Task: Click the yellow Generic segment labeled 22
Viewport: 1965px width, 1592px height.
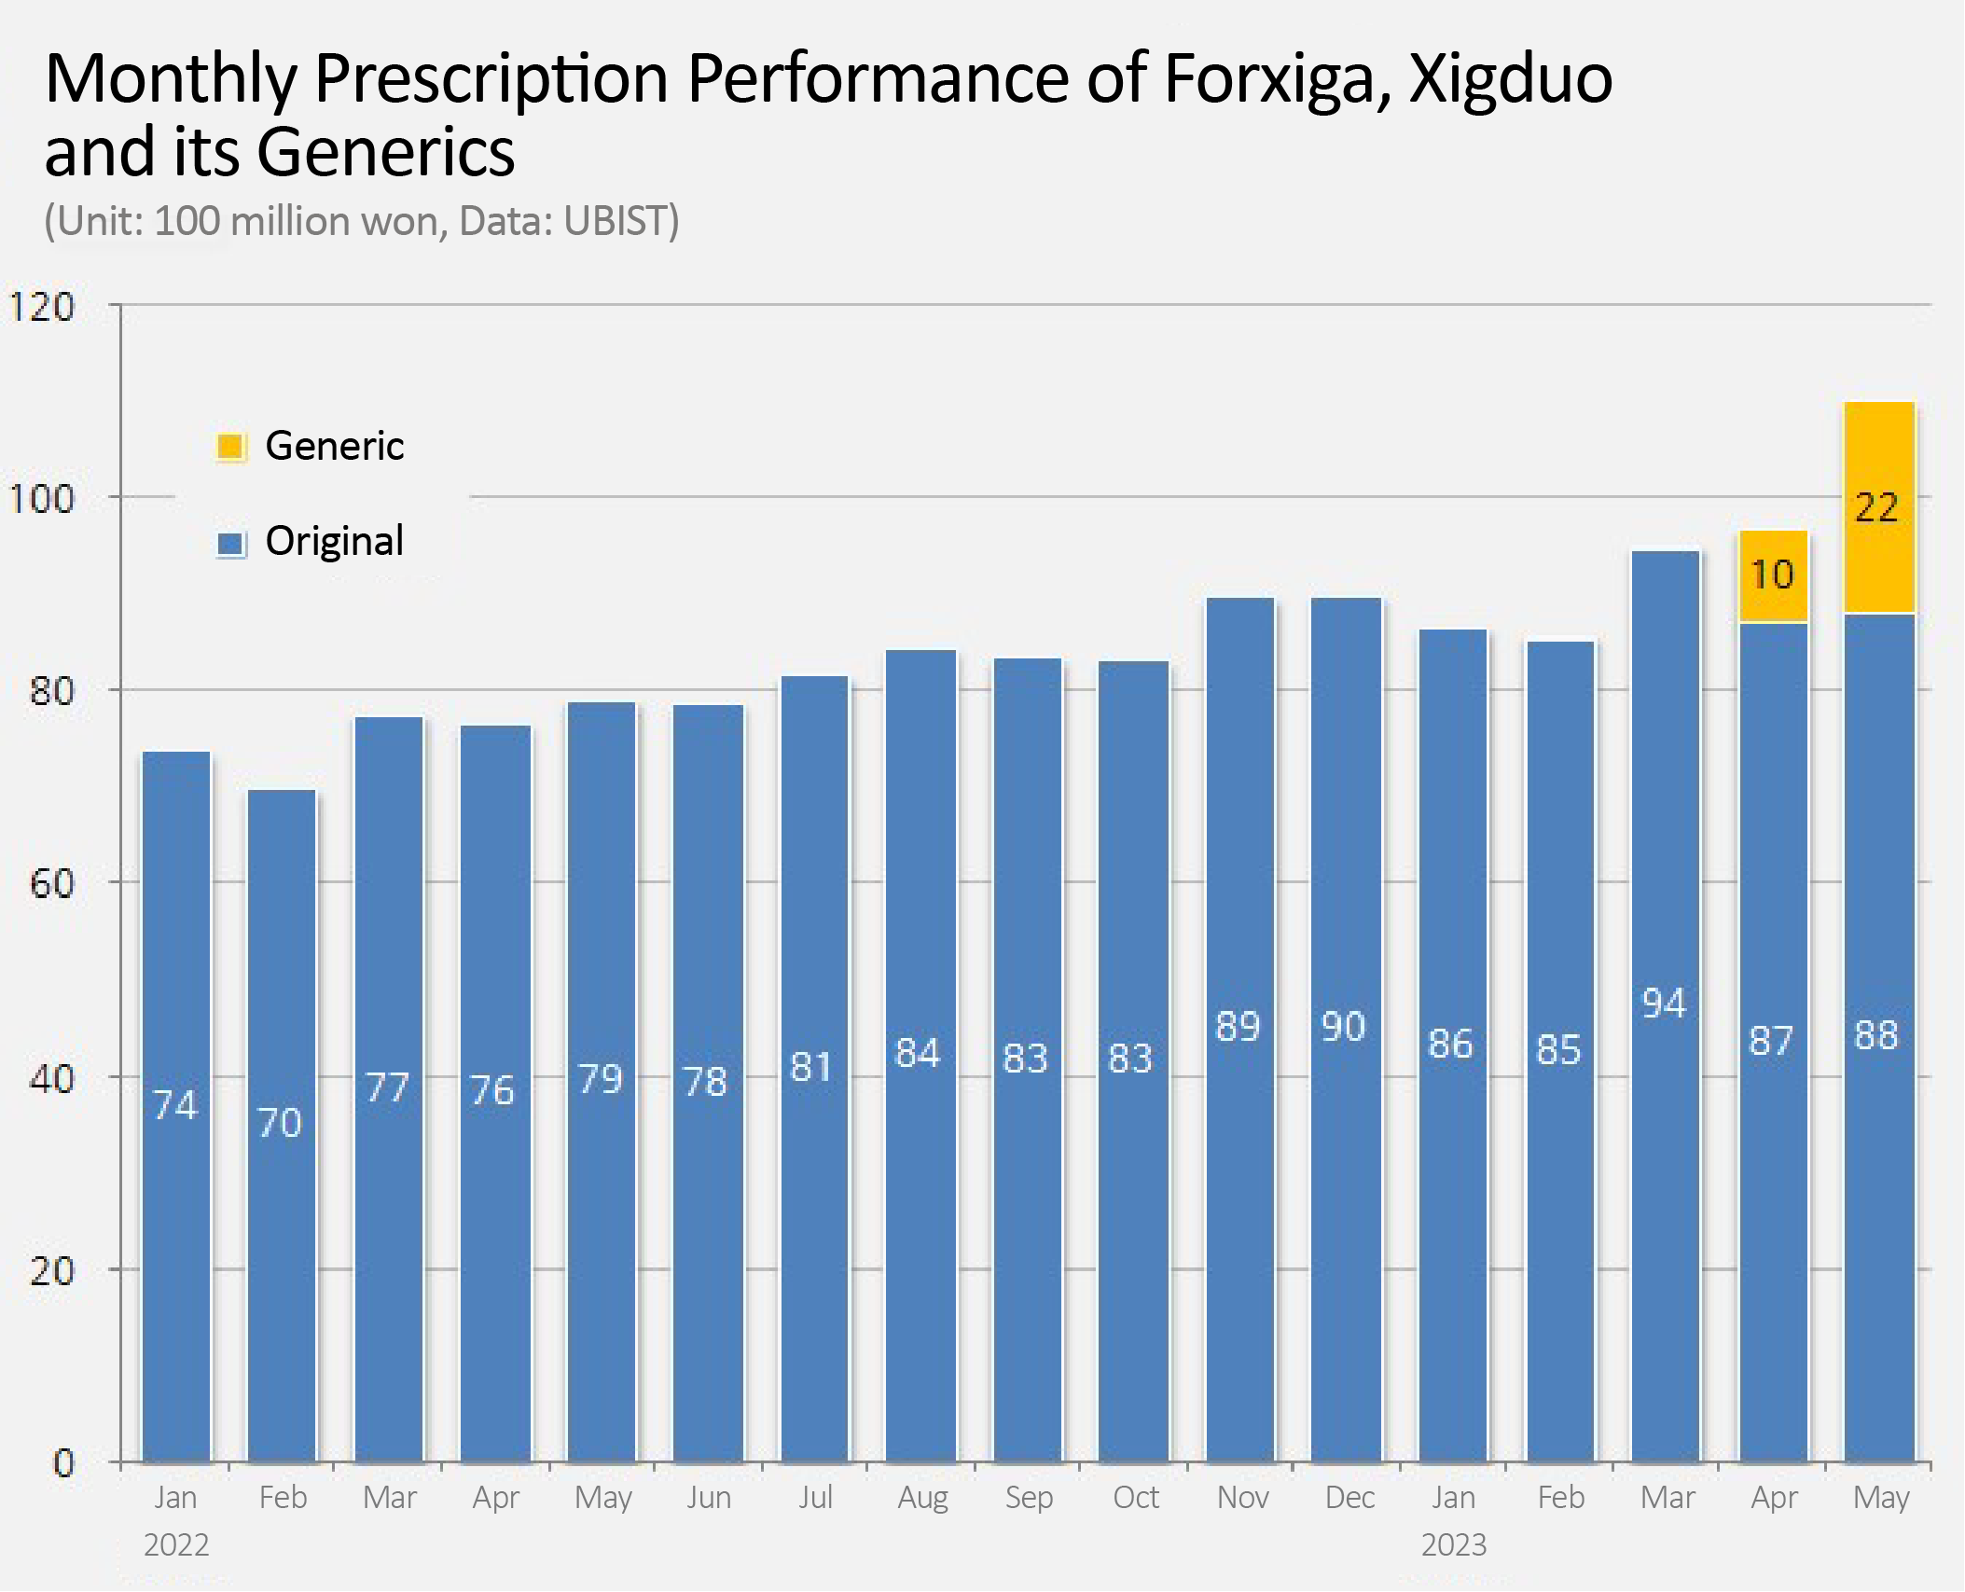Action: point(1879,507)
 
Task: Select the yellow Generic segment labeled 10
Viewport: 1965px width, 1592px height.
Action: point(1773,576)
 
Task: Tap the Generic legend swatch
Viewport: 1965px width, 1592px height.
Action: point(230,447)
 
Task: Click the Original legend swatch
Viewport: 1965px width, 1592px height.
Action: point(230,543)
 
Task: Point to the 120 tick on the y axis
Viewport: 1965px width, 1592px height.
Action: point(41,307)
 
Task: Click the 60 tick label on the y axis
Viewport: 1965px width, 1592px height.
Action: point(51,883)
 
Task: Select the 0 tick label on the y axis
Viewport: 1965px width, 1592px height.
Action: point(62,1462)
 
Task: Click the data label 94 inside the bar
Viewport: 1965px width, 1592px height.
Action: point(1664,1004)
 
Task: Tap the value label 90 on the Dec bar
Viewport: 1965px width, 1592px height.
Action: point(1343,1027)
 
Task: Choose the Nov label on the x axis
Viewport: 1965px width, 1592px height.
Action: point(1242,1498)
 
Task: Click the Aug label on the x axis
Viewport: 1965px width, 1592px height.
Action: point(922,1498)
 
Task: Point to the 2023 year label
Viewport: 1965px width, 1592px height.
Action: point(1453,1545)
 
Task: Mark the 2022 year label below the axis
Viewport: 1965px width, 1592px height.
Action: point(176,1545)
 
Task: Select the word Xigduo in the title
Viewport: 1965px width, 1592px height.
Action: point(1511,79)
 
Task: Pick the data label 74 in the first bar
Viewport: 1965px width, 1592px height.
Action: point(175,1105)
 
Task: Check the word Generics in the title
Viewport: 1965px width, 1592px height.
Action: point(385,152)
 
